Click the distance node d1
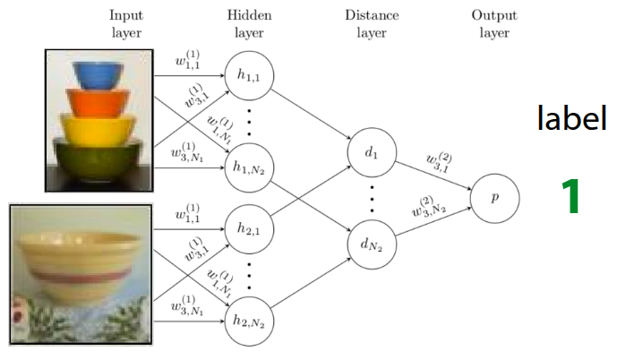coord(370,154)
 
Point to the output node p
coord(495,196)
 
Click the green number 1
coord(570,197)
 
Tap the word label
coord(571,118)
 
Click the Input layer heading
coord(126,24)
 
